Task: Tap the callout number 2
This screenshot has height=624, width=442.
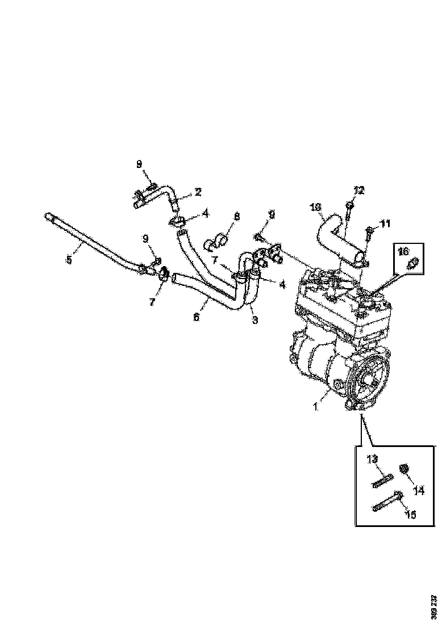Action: [198, 192]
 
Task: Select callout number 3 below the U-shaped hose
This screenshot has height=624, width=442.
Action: [255, 320]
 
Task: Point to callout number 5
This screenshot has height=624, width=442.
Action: [69, 260]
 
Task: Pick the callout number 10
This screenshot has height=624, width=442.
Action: [316, 208]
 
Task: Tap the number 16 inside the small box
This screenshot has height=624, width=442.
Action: [403, 250]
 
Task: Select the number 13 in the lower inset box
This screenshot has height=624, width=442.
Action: [372, 459]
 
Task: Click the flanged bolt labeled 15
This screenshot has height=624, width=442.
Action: [387, 502]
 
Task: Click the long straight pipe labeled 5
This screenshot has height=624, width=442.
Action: [91, 241]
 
